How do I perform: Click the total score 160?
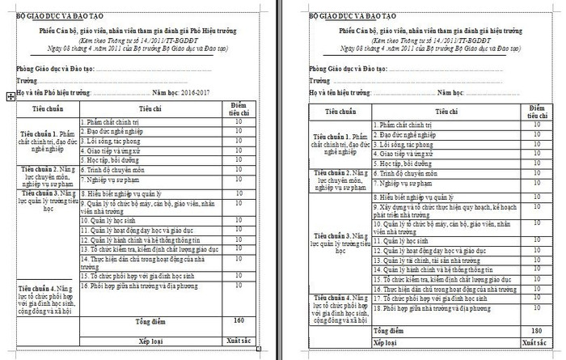[239, 320]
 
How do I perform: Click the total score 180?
[536, 331]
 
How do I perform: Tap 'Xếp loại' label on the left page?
[150, 341]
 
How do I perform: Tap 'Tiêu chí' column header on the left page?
[150, 108]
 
